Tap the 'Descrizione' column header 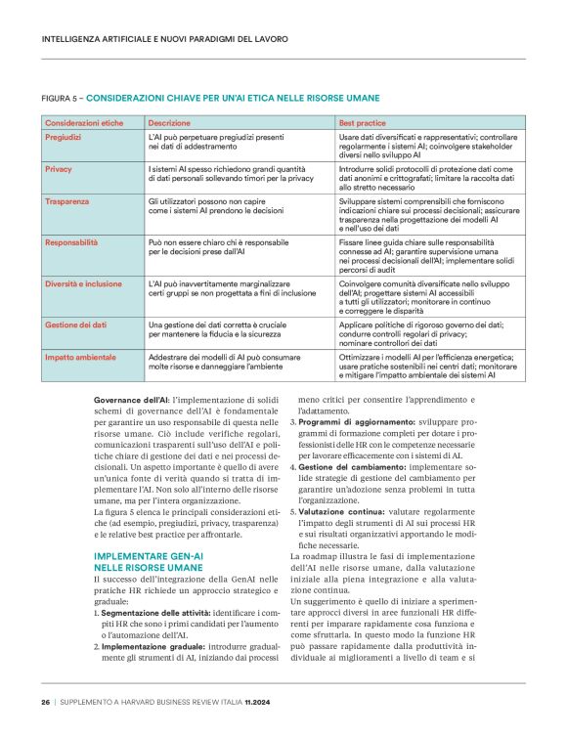168,124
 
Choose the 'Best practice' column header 363,124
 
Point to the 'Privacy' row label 58,169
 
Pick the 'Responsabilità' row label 71,239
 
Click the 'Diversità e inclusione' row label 84,281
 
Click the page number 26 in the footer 45,702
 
